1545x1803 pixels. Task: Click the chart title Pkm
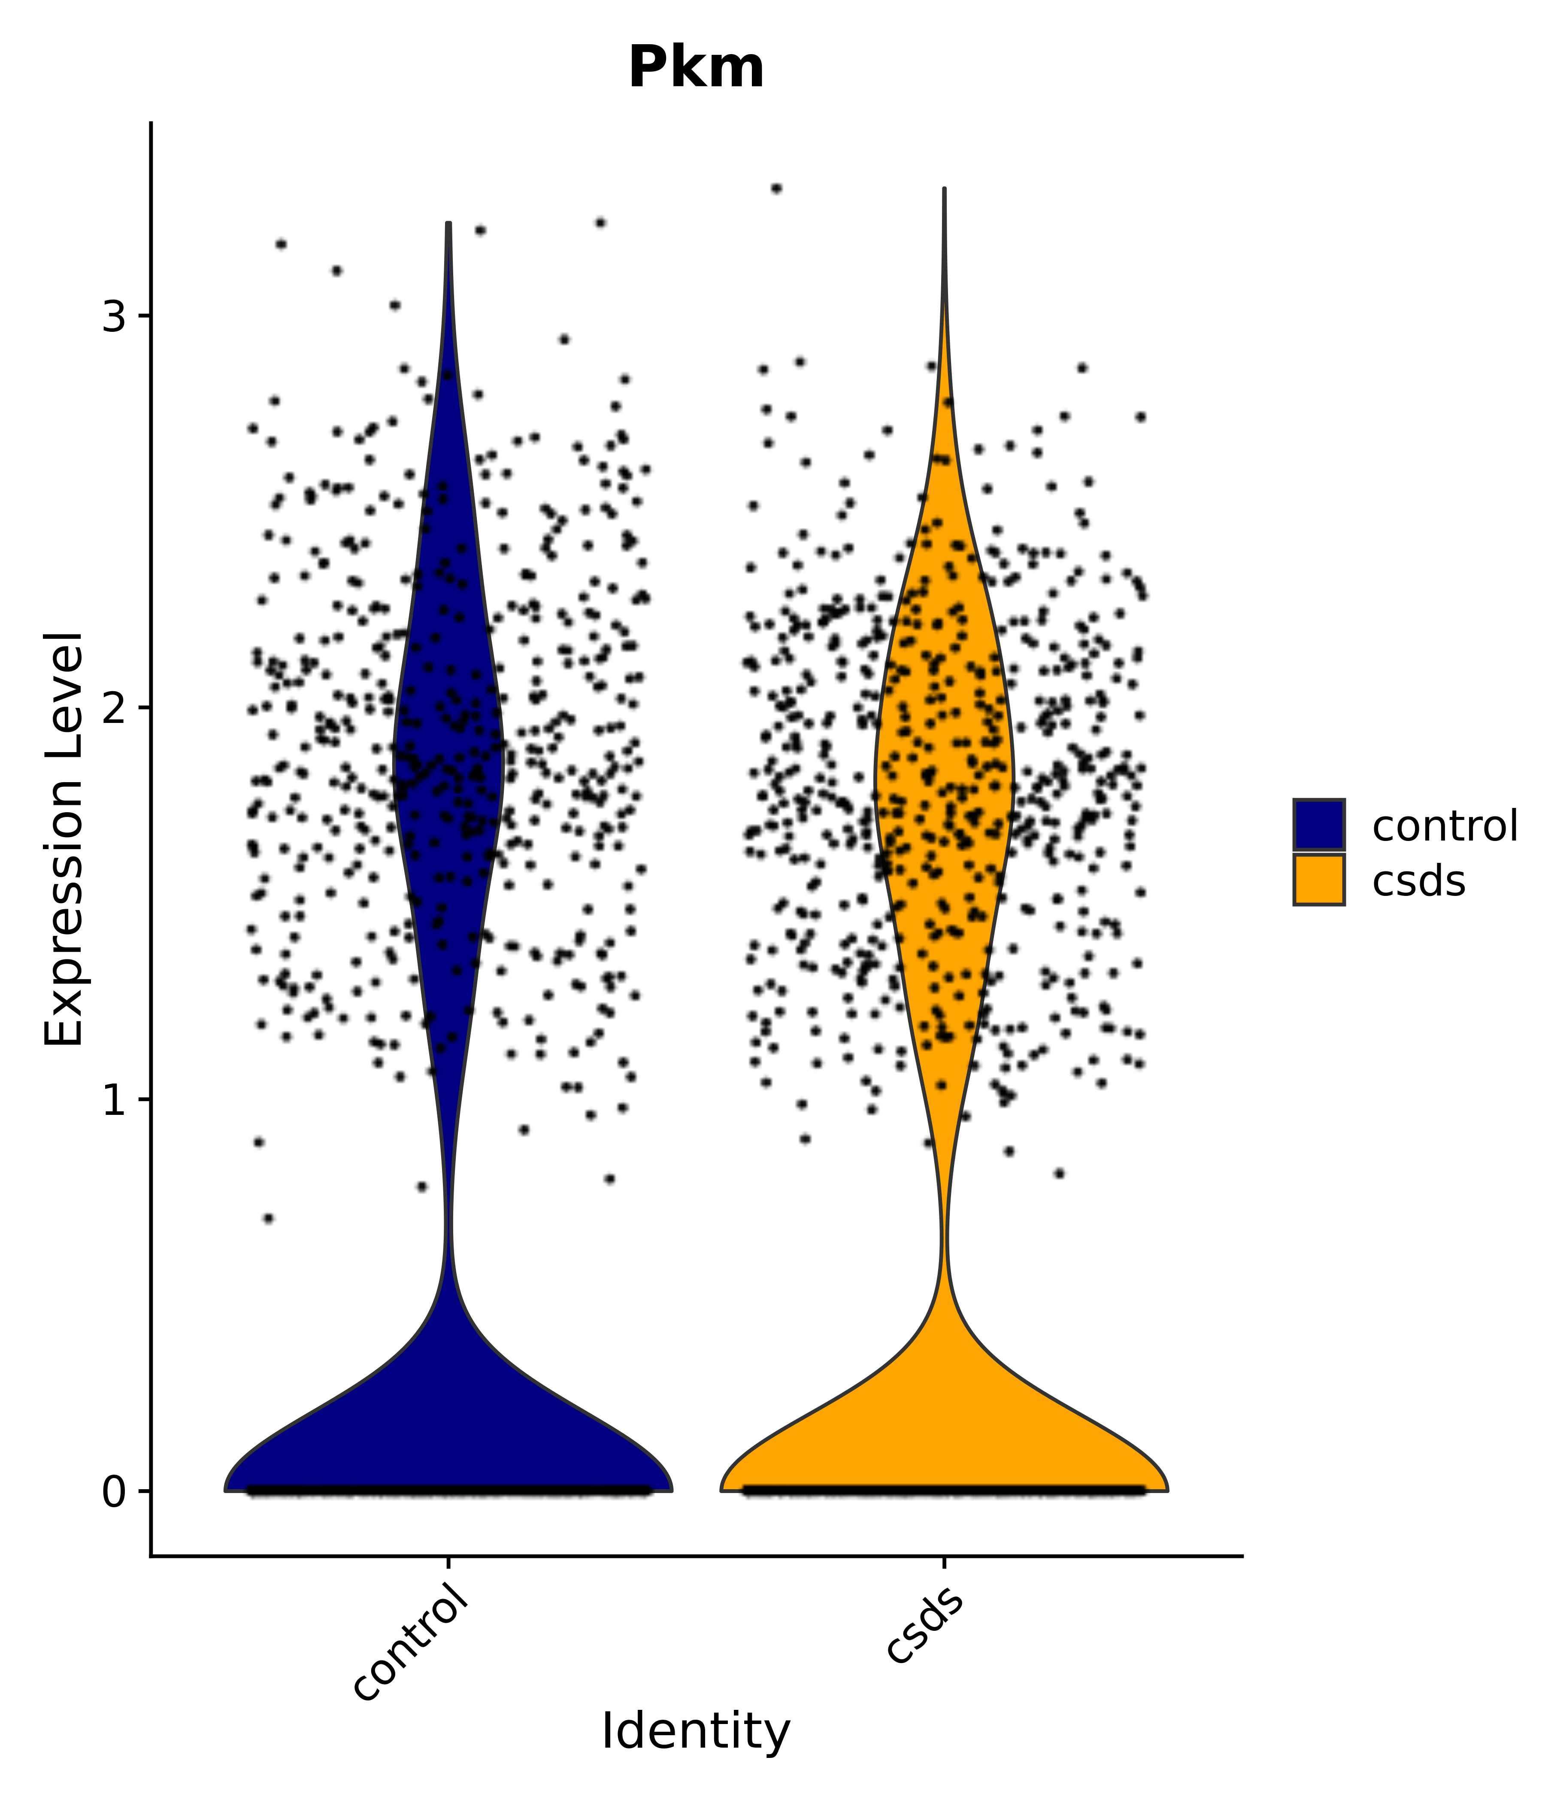(x=696, y=68)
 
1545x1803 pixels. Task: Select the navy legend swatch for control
(x=1318, y=824)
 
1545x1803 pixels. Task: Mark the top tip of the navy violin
(x=448, y=224)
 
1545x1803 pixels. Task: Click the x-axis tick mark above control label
(x=448, y=1562)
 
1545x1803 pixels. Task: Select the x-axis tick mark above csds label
(x=944, y=1562)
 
